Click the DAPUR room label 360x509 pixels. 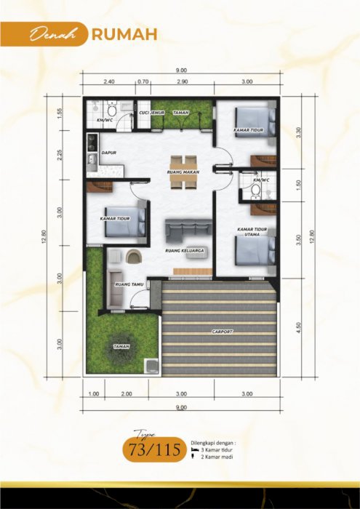coord(110,153)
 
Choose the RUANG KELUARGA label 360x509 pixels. coord(183,249)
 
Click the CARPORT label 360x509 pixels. coord(223,332)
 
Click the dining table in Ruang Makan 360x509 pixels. coord(183,172)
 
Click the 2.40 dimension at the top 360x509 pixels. coord(110,82)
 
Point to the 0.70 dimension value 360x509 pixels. coord(143,82)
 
